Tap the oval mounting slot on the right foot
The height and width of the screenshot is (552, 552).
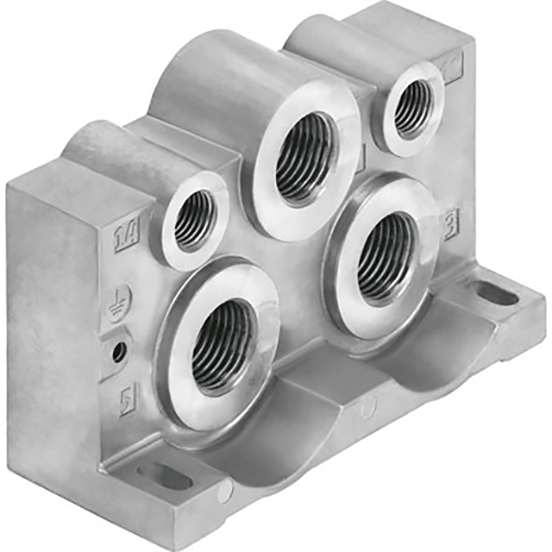(x=498, y=293)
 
